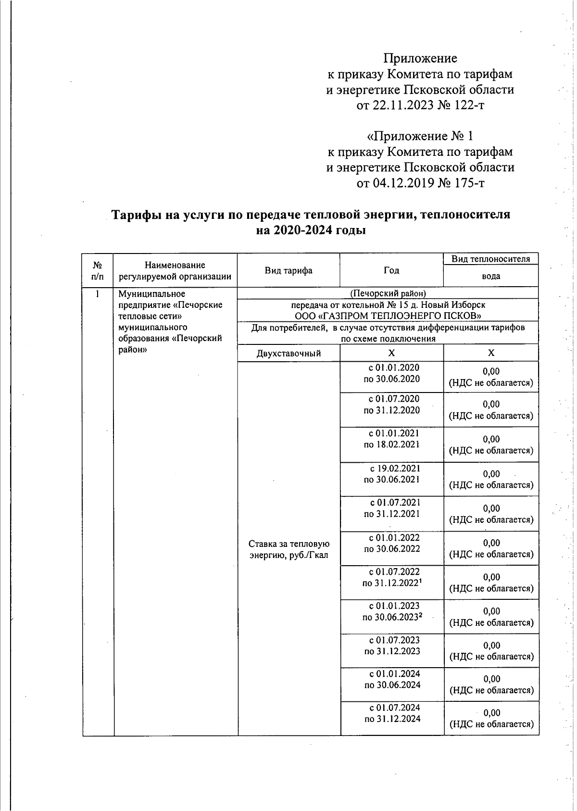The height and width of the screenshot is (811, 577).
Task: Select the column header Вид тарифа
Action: pyautogui.click(x=288, y=270)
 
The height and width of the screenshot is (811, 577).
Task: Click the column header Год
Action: pyautogui.click(x=391, y=270)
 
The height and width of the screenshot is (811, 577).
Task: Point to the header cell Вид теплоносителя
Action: pyautogui.click(x=490, y=259)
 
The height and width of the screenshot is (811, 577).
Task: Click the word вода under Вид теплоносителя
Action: pyautogui.click(x=491, y=277)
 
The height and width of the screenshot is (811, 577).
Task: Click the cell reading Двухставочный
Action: pyautogui.click(x=289, y=354)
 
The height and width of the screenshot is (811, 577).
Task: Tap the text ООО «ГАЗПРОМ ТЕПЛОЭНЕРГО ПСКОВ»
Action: pyautogui.click(x=388, y=316)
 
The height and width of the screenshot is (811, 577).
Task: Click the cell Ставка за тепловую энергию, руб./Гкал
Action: pyautogui.click(x=288, y=550)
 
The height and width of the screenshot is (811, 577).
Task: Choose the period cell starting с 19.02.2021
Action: pyautogui.click(x=392, y=474)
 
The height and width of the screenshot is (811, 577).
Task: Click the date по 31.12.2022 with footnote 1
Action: pyautogui.click(x=392, y=583)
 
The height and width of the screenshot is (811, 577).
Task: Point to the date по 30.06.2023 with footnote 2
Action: pyautogui.click(x=392, y=617)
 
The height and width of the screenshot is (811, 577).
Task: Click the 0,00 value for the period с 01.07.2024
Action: pyautogui.click(x=491, y=713)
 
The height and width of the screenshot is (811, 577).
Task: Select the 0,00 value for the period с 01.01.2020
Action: pyautogui.click(x=491, y=371)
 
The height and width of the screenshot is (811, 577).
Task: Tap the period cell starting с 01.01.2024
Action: pyautogui.click(x=392, y=679)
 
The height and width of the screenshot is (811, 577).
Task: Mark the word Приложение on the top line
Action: pyautogui.click(x=420, y=59)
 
